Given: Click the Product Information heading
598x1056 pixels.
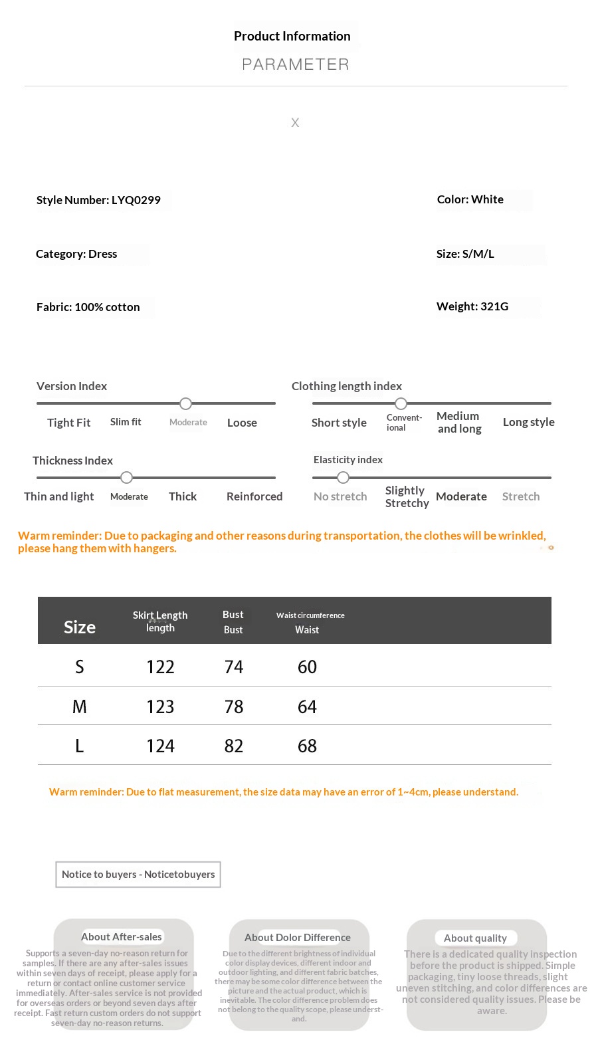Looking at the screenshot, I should (x=292, y=37).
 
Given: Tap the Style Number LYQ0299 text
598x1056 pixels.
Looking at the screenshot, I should (x=98, y=200).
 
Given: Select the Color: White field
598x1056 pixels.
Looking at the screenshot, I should (x=470, y=199).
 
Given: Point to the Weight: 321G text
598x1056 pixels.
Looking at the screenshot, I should (x=472, y=306).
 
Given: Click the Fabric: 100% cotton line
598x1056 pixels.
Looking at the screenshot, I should (x=88, y=307).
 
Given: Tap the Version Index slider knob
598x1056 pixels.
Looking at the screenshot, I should (x=186, y=403).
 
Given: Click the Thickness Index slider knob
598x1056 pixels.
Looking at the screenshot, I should (x=127, y=477).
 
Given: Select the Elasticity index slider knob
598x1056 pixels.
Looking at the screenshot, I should (x=343, y=477).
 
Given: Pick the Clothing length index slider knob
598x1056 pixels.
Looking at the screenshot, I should (x=401, y=403).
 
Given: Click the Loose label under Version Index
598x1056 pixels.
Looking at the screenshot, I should (x=242, y=423).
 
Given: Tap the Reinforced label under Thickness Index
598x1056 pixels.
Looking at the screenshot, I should (x=254, y=496).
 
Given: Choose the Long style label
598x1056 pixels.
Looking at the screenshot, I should (x=528, y=422).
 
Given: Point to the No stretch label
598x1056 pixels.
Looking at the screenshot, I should (x=340, y=496).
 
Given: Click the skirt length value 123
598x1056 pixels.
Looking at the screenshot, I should (x=160, y=706).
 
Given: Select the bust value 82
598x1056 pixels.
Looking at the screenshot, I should (x=234, y=746).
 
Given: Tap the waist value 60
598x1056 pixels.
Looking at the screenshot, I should (x=307, y=667).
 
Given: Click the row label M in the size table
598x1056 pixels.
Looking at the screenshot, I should (x=80, y=706).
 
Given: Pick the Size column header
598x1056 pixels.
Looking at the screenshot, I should (x=80, y=627).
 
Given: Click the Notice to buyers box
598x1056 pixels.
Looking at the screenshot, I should (x=138, y=875).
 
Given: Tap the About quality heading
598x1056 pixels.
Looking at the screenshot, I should (x=476, y=938).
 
